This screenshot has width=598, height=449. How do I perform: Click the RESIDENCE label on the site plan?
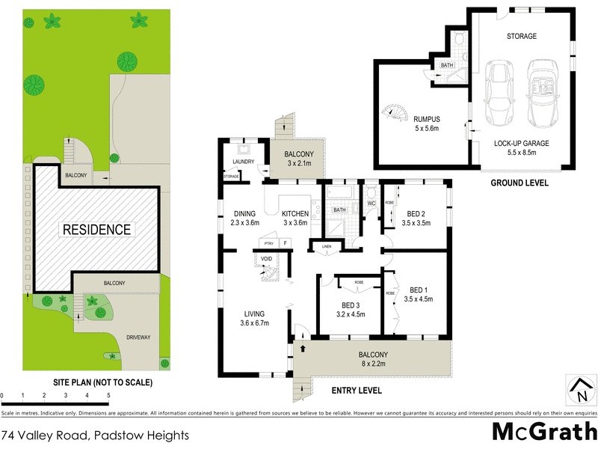point(96,230)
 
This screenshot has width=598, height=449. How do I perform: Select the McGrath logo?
point(543,432)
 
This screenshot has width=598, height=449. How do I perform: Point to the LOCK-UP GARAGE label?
point(521,143)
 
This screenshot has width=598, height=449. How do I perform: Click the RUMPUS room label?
point(427,118)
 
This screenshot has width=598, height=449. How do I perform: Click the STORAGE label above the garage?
point(521,36)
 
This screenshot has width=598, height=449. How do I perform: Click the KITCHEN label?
point(295,213)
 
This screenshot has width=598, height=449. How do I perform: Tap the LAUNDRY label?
point(244,162)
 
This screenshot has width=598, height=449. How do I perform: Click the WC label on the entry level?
point(371,203)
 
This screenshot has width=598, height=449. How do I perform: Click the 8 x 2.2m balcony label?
point(372,360)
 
